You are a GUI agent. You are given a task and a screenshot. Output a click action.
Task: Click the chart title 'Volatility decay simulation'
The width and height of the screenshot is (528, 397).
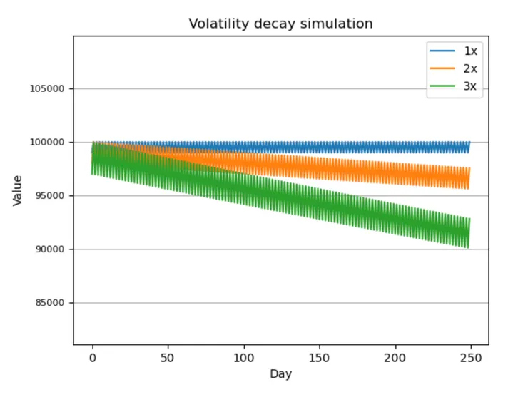tap(280, 24)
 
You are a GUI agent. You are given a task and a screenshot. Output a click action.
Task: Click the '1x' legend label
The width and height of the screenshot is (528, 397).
tap(470, 51)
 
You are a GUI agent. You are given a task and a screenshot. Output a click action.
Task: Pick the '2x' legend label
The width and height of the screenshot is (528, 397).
tap(470, 68)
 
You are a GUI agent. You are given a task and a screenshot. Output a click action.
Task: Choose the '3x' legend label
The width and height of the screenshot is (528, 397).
tap(470, 87)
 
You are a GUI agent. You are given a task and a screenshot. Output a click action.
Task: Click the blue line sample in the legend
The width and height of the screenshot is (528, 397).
tap(442, 51)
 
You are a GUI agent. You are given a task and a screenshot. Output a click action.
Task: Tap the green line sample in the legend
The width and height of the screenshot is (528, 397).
tap(442, 87)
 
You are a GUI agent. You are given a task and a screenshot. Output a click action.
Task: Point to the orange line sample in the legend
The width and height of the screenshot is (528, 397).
tap(442, 68)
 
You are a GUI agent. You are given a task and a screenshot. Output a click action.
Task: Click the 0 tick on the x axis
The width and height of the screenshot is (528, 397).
tap(92, 356)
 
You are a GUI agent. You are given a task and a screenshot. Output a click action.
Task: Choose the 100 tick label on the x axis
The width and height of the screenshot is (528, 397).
tap(244, 356)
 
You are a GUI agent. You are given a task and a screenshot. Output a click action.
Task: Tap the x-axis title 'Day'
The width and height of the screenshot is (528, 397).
tap(280, 373)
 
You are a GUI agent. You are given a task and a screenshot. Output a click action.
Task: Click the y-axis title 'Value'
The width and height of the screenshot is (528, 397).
tap(18, 190)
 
